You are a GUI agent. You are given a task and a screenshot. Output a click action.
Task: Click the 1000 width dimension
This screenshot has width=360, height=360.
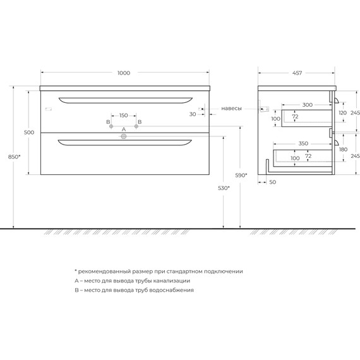coord(124,73)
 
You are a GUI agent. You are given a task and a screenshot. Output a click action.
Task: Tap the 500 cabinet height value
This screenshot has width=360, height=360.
coord(28,133)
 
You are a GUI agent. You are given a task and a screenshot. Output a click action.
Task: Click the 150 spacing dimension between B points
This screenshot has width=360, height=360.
coord(124,116)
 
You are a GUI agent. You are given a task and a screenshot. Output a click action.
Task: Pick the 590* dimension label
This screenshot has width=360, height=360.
coord(241,175)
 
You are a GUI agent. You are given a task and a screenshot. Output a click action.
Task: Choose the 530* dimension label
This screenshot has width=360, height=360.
coord(223,188)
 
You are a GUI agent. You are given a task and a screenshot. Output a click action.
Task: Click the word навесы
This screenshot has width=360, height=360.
coord(231,109)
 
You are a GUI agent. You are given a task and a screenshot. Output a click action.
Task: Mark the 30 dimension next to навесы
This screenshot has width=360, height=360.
coord(192,114)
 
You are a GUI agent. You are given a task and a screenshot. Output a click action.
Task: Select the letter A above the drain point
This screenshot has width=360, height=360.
coord(124,129)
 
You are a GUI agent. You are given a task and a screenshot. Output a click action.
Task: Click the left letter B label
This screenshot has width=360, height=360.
coord(109,121)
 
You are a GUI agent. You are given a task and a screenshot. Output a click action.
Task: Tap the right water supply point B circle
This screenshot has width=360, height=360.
coord(136,127)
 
